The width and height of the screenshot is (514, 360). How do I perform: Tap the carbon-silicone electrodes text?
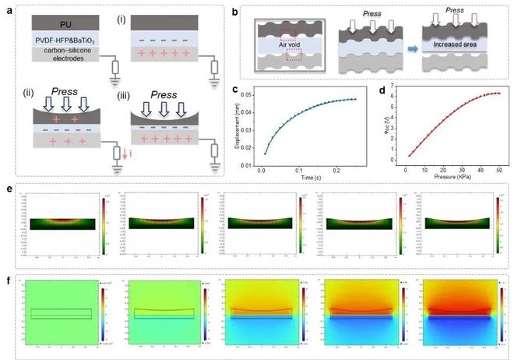pyautogui.click(x=62, y=55)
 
